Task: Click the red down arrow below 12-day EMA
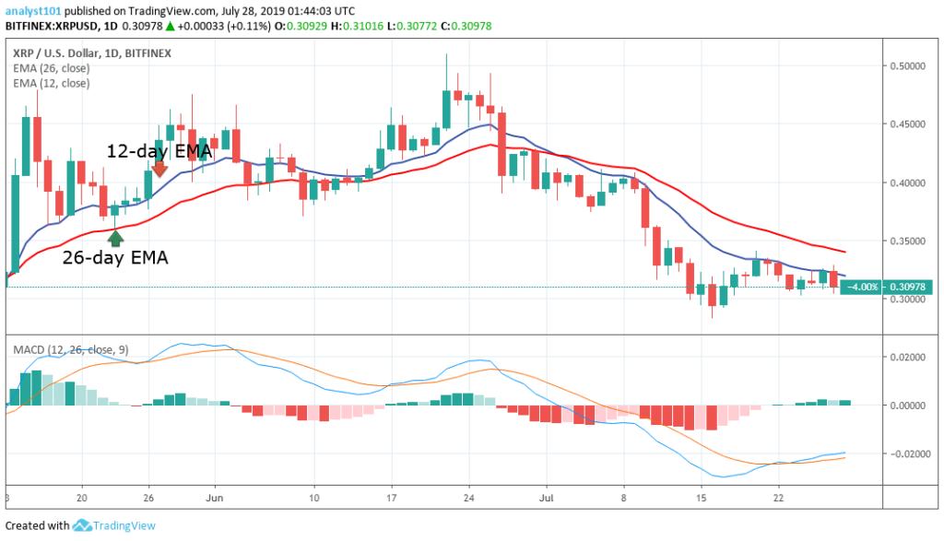[x=159, y=168]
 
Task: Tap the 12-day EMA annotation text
[x=159, y=150]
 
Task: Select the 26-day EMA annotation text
[x=115, y=258]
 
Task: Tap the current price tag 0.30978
[x=910, y=287]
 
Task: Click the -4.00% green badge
[x=862, y=287]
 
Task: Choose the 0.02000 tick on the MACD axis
[x=911, y=357]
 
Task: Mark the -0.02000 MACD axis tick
[x=909, y=453]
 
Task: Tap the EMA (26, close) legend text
[x=53, y=68]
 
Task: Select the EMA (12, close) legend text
[x=53, y=83]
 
